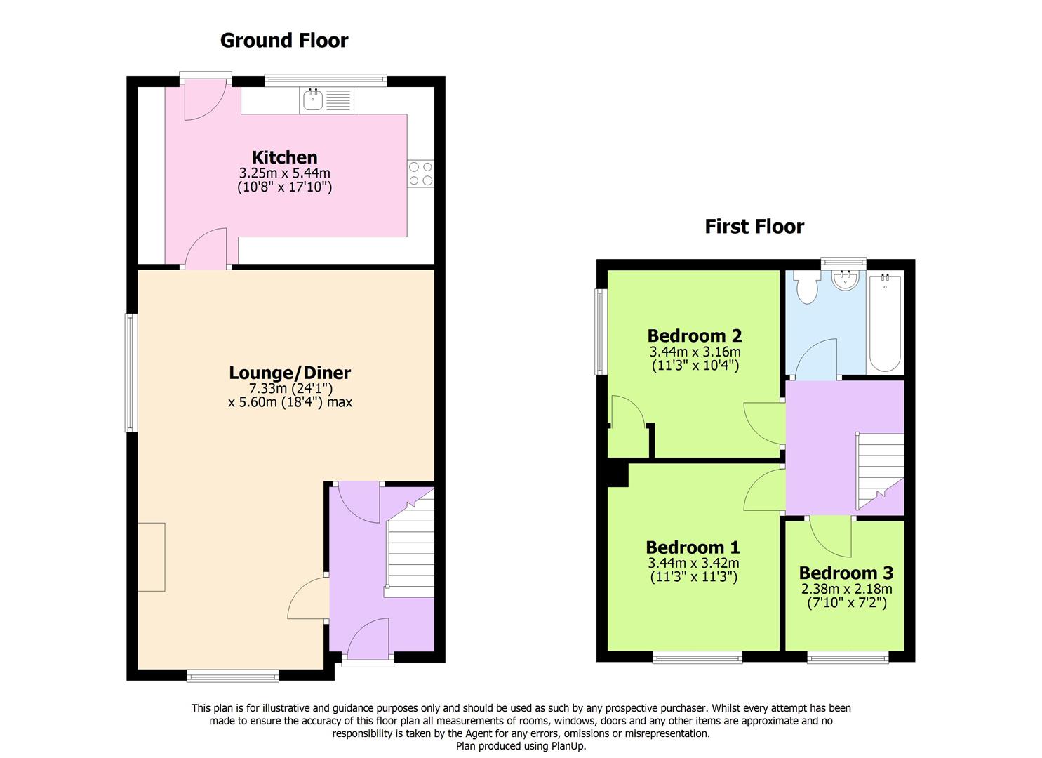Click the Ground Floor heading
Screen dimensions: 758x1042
(x=283, y=41)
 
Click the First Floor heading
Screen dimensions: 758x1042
(x=754, y=227)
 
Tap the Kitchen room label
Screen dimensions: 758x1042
(x=284, y=157)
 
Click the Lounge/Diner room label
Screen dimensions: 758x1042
(x=290, y=373)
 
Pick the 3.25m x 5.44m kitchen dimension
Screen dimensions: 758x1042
(x=284, y=173)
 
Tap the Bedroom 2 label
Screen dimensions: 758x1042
(x=694, y=335)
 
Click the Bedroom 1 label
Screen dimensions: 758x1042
(x=693, y=547)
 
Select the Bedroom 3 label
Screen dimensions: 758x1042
(x=846, y=573)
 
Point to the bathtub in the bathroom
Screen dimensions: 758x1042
(x=885, y=323)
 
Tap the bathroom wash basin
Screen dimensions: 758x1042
(x=844, y=279)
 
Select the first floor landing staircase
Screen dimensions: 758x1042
(x=879, y=469)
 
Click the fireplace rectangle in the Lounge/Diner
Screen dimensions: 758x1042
(x=151, y=557)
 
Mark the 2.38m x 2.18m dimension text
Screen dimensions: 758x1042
(x=846, y=590)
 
